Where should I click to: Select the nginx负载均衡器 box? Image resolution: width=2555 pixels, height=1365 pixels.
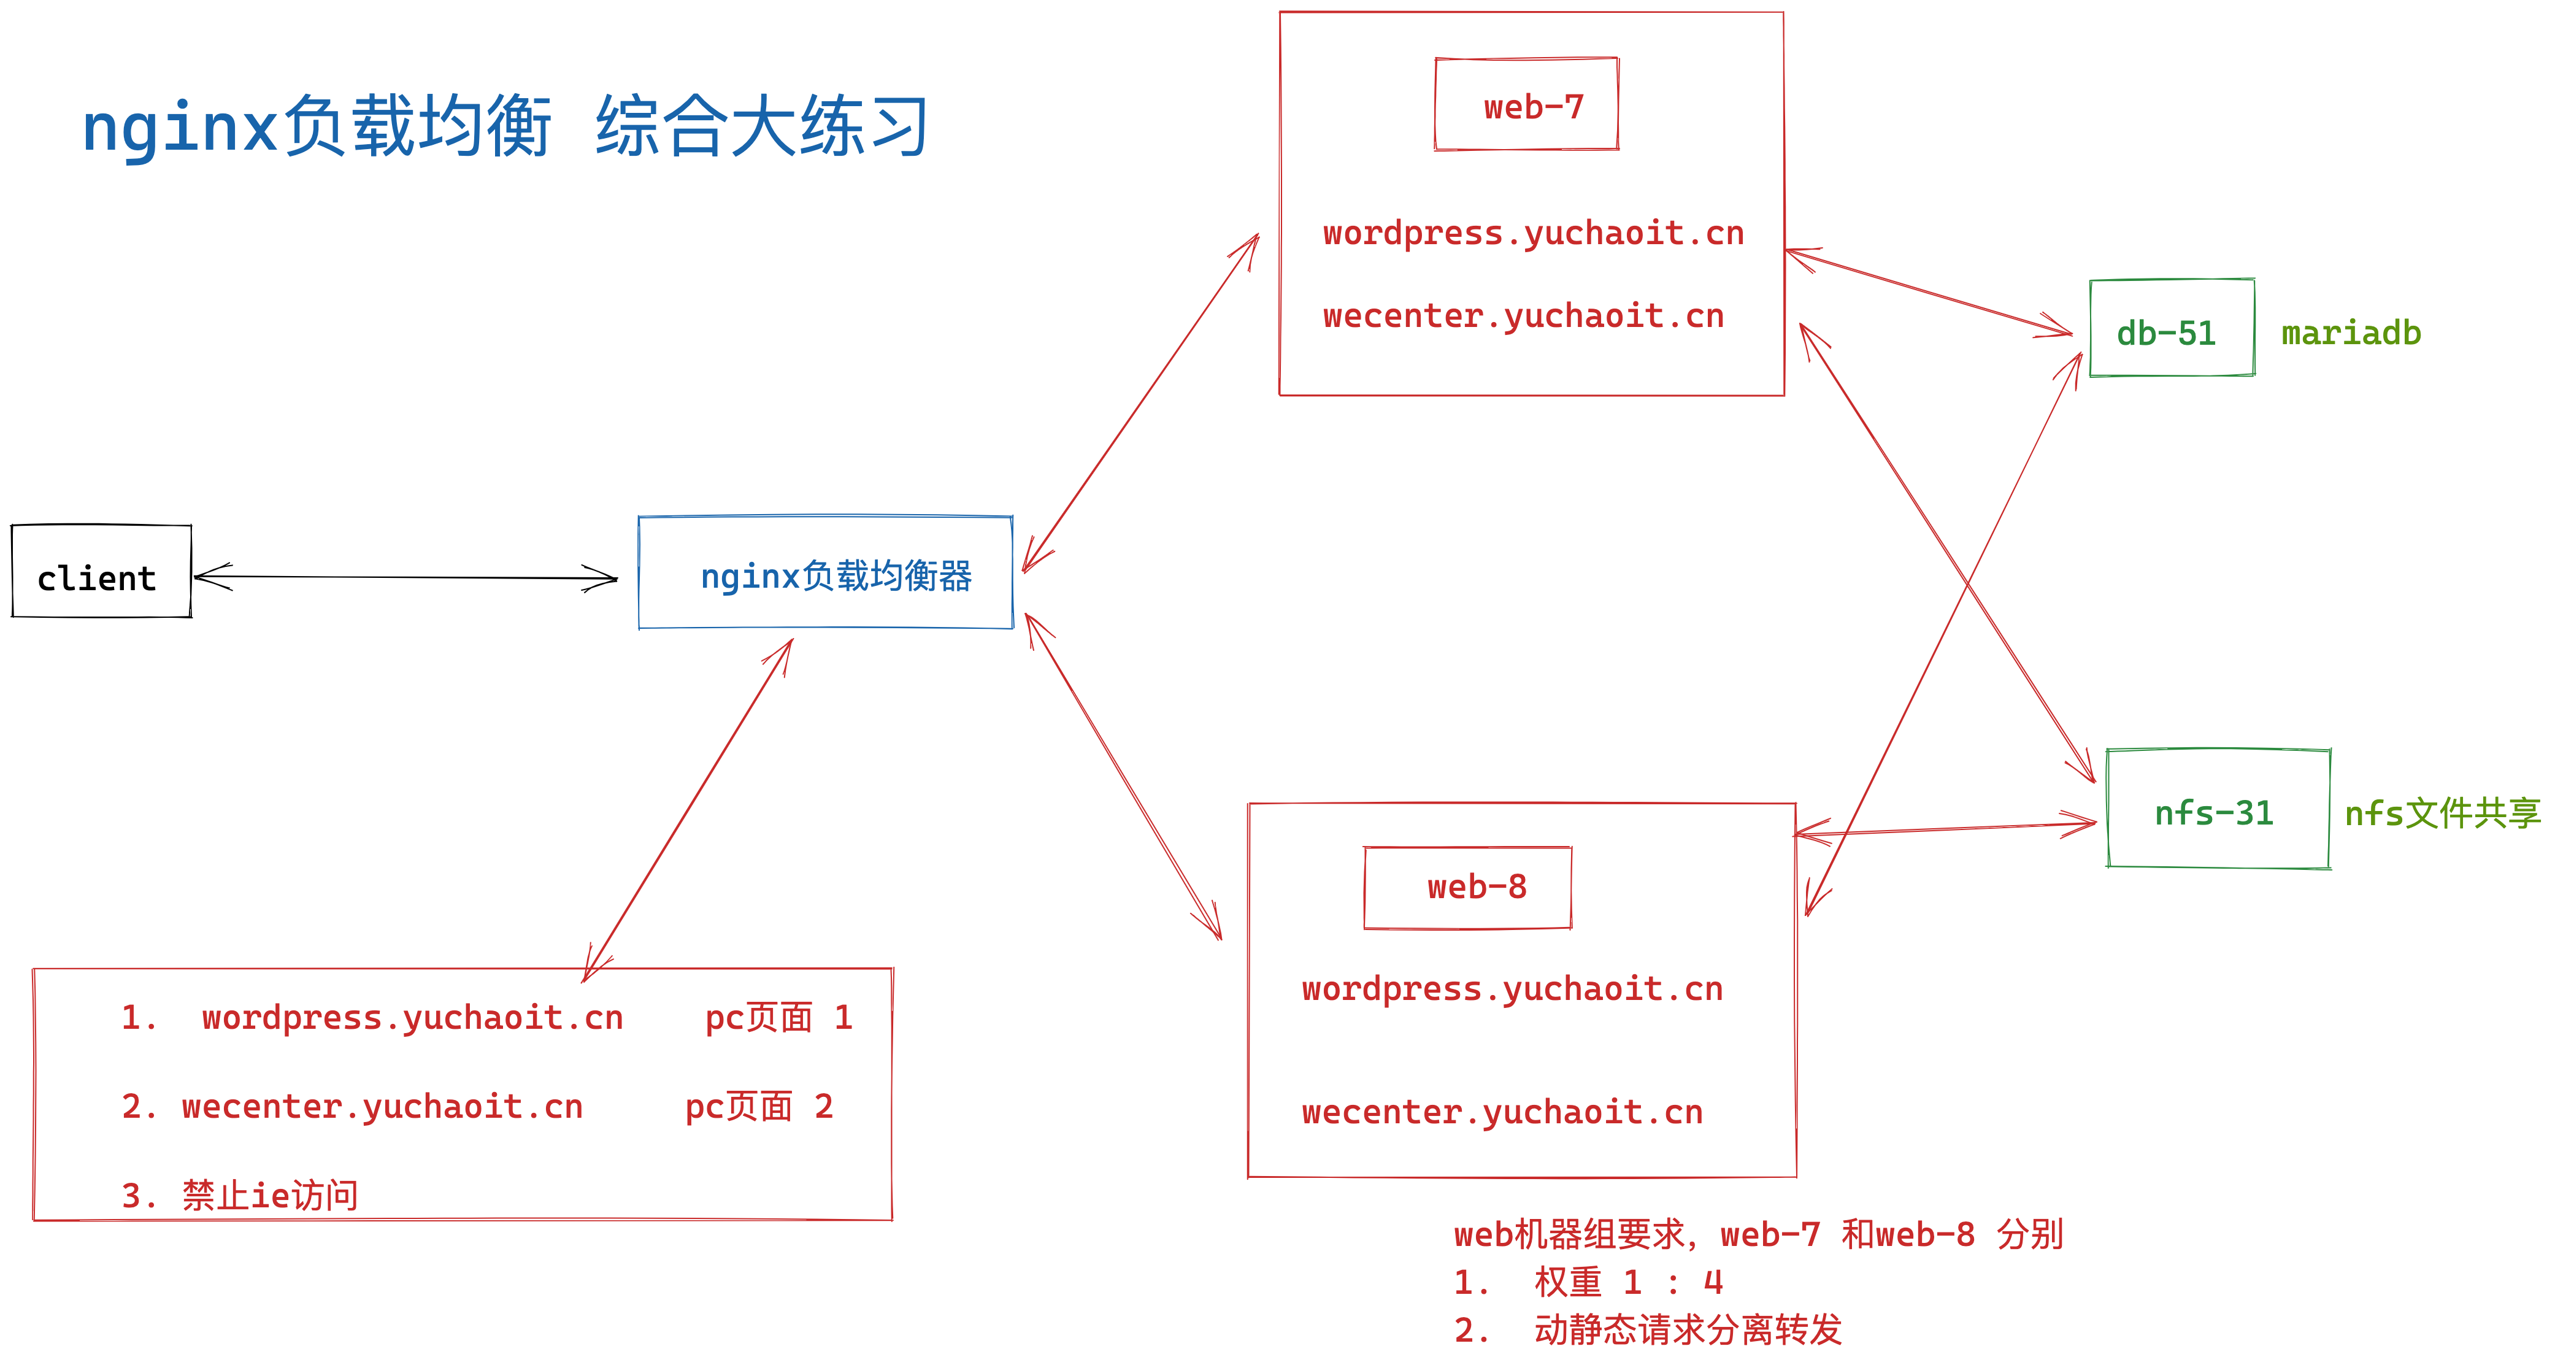click(x=825, y=574)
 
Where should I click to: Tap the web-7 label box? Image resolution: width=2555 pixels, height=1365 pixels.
click(x=1526, y=105)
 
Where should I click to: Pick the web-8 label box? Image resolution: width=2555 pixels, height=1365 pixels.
click(x=1468, y=887)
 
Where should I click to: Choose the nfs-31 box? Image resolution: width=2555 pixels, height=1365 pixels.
click(x=2218, y=809)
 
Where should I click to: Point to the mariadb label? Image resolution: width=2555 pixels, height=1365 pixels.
click(x=2351, y=333)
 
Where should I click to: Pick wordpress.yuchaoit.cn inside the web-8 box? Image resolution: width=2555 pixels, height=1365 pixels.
click(x=1512, y=989)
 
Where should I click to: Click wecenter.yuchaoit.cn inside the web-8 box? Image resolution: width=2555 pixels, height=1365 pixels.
click(x=1502, y=1112)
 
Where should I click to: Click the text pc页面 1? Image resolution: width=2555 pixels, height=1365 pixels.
click(x=778, y=1018)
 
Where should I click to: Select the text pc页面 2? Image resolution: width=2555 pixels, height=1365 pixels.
click(x=759, y=1106)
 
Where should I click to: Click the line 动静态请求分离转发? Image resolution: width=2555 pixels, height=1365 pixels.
click(x=1686, y=1329)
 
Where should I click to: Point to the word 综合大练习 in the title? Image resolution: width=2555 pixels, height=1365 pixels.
click(x=762, y=127)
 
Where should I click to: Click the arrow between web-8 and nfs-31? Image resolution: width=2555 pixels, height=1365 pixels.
click(x=1944, y=828)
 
